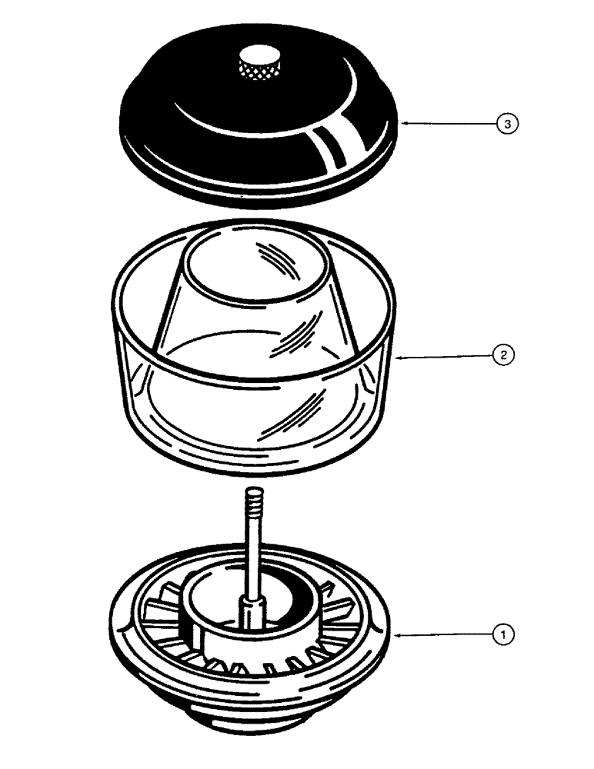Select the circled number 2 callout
click(501, 355)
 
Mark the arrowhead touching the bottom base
click(396, 634)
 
